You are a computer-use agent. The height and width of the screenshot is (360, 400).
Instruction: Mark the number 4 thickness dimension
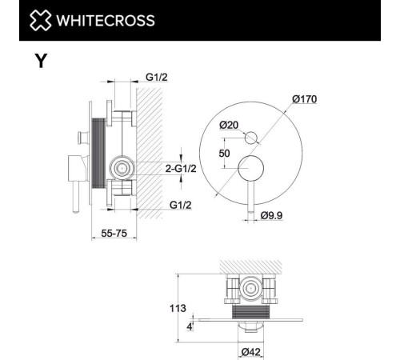tap(190, 326)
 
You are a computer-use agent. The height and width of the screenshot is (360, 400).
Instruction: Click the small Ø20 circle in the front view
tap(252, 136)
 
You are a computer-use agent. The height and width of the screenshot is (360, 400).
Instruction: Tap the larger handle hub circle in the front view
tap(254, 169)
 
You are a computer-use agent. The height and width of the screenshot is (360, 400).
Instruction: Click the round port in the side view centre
tap(122, 168)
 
